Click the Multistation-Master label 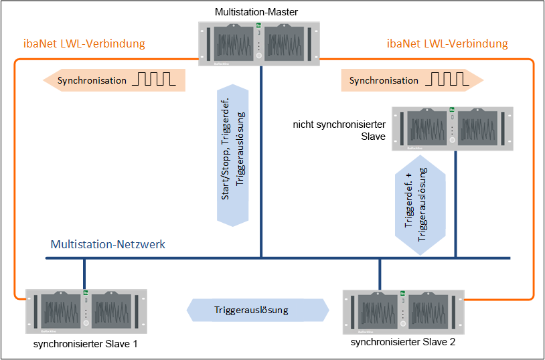(x=256, y=12)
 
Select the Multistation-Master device (x=259, y=43)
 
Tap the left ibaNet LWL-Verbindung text (x=84, y=43)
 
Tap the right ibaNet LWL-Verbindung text (x=447, y=43)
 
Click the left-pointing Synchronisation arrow (x=114, y=80)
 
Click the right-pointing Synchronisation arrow (x=412, y=80)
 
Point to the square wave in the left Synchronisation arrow (x=154, y=79)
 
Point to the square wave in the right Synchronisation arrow (x=447, y=79)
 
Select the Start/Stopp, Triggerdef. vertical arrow (x=232, y=155)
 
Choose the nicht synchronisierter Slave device (x=452, y=129)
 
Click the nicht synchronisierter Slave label (x=339, y=130)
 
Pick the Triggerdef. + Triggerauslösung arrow (x=420, y=204)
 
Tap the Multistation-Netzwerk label (x=108, y=244)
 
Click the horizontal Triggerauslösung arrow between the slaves (x=258, y=310)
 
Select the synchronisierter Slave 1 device (x=86, y=311)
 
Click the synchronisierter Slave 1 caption (x=86, y=344)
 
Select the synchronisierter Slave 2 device (x=403, y=312)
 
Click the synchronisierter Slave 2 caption (x=403, y=342)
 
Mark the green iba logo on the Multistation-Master (x=258, y=25)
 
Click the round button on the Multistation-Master (x=258, y=56)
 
